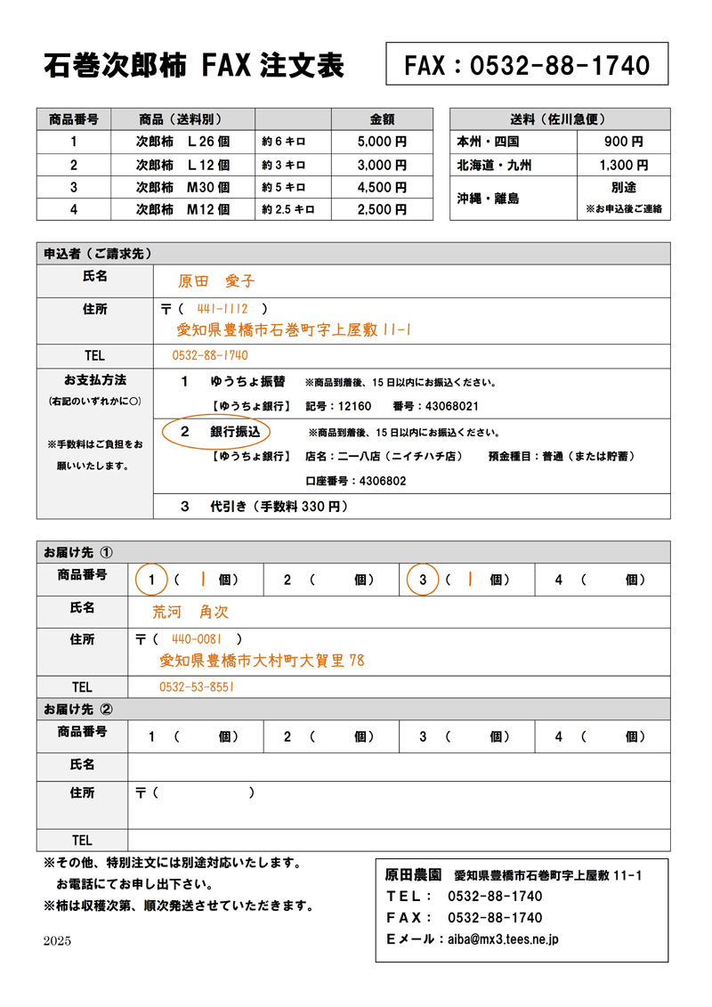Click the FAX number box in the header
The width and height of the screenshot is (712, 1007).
point(527,64)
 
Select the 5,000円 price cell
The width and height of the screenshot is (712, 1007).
point(382,142)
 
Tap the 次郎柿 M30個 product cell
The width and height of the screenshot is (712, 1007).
point(183,187)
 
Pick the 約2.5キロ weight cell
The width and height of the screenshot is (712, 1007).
point(289,210)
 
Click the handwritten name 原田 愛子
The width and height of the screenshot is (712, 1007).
point(216,281)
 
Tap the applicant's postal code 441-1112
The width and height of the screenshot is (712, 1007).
point(222,309)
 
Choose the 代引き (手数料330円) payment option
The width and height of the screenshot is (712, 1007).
point(263,507)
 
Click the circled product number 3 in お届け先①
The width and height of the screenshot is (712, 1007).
point(424,580)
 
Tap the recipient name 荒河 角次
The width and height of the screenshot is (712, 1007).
point(191,613)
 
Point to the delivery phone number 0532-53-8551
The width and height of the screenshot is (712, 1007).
point(197,687)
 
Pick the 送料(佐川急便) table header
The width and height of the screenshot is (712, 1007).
point(559,119)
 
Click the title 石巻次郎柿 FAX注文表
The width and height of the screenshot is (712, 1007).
point(193,65)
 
